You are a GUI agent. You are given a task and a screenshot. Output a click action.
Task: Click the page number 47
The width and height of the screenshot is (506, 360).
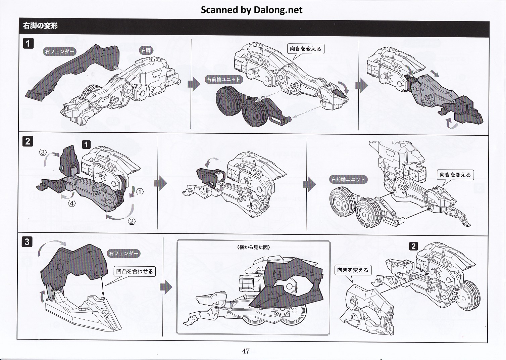pos(246,351)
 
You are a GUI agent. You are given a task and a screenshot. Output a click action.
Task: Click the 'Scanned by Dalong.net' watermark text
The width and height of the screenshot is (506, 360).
pos(251,10)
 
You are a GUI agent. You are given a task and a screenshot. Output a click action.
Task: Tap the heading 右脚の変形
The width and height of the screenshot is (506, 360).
pos(40,26)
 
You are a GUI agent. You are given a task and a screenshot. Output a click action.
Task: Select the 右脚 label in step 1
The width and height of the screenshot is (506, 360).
pos(146,50)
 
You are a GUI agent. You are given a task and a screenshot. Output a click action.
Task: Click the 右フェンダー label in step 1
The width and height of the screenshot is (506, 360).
pos(59,51)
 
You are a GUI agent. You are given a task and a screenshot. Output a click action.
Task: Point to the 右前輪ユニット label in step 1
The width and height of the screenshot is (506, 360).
pos(223,80)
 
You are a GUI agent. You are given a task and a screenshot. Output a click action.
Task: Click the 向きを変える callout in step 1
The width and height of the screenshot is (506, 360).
pos(305,49)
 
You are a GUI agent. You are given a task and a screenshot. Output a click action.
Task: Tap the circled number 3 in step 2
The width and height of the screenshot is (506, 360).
pos(43,152)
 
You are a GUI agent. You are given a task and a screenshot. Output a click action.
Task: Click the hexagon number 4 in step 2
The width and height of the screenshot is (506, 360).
pos(72,203)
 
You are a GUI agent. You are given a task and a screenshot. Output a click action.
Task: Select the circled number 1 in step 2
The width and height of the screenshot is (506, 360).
pos(140,192)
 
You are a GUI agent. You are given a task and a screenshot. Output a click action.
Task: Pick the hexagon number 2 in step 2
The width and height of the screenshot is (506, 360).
pos(132,221)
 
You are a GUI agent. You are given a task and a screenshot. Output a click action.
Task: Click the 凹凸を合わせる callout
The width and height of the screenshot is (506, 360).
pos(135,271)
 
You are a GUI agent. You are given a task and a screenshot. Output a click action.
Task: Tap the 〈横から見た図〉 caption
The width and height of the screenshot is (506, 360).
pos(253,247)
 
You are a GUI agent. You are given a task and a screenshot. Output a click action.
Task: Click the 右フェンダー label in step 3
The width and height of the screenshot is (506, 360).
pos(123,254)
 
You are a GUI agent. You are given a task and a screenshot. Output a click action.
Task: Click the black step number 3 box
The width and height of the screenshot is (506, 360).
pos(27,242)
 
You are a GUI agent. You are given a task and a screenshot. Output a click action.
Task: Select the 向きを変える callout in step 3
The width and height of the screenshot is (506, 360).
pos(353,270)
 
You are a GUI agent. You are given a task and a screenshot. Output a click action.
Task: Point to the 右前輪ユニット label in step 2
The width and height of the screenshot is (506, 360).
pos(348,179)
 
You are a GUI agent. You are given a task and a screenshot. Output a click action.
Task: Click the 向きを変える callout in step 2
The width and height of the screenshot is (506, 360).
pos(455,175)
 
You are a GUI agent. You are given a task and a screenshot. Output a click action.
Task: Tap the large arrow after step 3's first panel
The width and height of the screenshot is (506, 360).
pos(166,287)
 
